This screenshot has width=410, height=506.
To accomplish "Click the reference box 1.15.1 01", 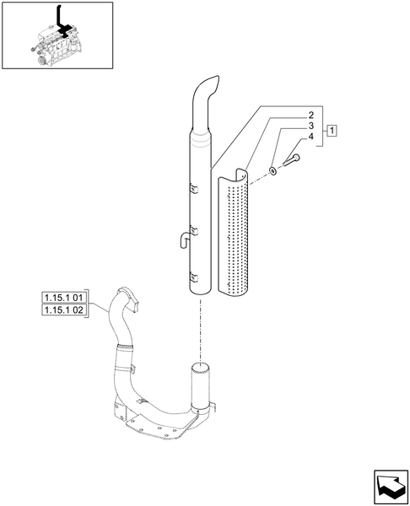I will tap(64, 298).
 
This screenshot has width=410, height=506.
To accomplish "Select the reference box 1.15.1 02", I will tap(64, 311).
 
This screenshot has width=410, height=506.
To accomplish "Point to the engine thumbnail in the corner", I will tap(57, 36).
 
